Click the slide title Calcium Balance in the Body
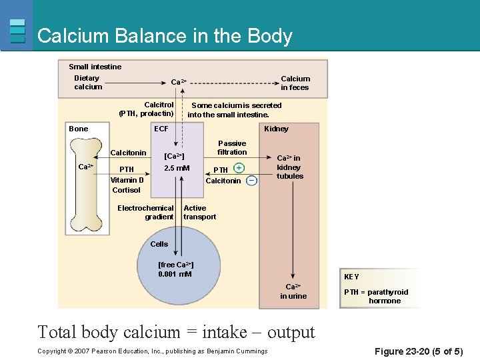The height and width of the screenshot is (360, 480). pyautogui.click(x=165, y=35)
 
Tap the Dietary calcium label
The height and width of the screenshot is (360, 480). pyautogui.click(x=88, y=83)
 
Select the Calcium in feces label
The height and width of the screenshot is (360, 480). pyautogui.click(x=295, y=83)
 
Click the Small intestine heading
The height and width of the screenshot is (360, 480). pyautogui.click(x=95, y=67)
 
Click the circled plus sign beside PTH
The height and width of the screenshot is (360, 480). pyautogui.click(x=239, y=168)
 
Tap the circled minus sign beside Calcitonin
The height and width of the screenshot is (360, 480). pyautogui.click(x=251, y=181)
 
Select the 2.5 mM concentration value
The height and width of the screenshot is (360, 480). pyautogui.click(x=177, y=168)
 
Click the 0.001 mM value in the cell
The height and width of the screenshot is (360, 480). pyautogui.click(x=175, y=274)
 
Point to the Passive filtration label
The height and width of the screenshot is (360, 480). pyautogui.click(x=232, y=147)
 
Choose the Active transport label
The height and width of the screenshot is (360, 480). pyautogui.click(x=199, y=212)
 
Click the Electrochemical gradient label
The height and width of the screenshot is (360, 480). pyautogui.click(x=145, y=212)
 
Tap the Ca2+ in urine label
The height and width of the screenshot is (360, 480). pyautogui.click(x=293, y=291)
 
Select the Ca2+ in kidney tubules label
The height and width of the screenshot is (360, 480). pyautogui.click(x=290, y=167)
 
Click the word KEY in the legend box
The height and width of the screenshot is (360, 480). pyautogui.click(x=351, y=276)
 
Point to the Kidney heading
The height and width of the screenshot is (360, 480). pyautogui.click(x=276, y=129)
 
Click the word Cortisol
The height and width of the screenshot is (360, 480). pyautogui.click(x=126, y=190)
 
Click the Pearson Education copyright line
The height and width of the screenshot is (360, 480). pyautogui.click(x=153, y=351)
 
